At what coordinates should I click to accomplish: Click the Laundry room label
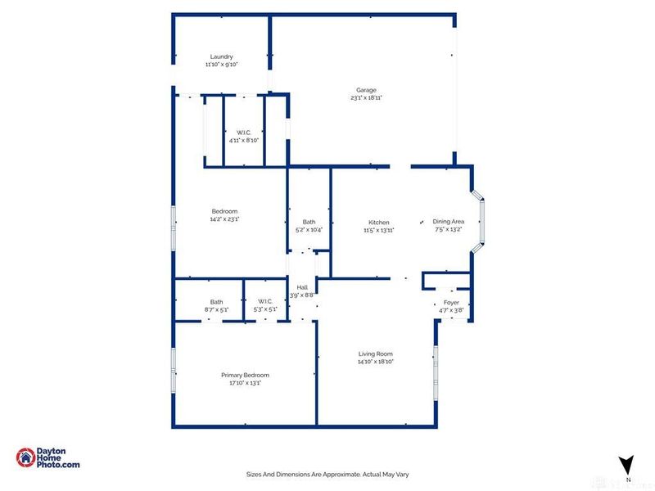coord(221,56)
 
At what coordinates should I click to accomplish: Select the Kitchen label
coord(378,223)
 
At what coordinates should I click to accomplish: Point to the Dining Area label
coord(448,222)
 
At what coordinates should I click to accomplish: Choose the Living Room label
coord(375,354)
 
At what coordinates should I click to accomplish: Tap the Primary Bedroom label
coord(245,375)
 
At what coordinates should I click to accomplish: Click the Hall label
coord(302,287)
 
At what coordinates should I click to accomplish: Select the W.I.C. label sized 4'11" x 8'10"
coord(244,133)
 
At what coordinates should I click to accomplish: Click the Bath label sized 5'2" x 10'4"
coord(309,222)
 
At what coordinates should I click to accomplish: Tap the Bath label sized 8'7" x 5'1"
coord(216,301)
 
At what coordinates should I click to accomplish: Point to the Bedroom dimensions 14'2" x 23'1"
coord(224,219)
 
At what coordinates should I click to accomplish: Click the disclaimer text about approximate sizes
coord(327,474)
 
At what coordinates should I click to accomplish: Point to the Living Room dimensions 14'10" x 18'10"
coord(375,361)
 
